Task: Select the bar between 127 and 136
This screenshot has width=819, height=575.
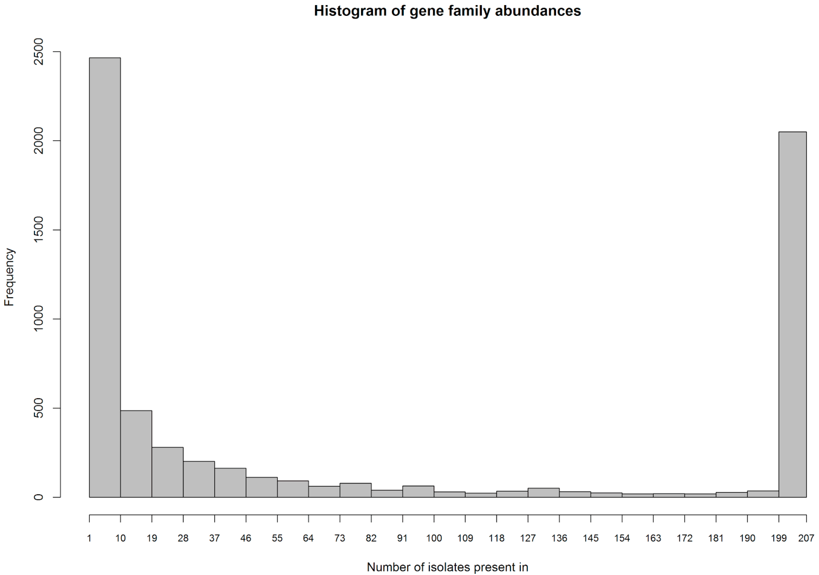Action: coord(543,493)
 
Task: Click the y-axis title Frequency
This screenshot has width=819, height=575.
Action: coord(9,277)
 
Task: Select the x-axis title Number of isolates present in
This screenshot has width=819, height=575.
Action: coord(447,567)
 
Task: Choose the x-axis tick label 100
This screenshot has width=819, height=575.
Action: coord(434,538)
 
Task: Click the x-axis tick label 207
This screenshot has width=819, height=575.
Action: coord(806,538)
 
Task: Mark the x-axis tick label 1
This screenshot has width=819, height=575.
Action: coord(89,538)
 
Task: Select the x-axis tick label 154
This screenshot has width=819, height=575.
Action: coord(622,538)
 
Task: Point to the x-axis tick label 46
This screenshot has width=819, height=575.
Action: coord(246,538)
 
